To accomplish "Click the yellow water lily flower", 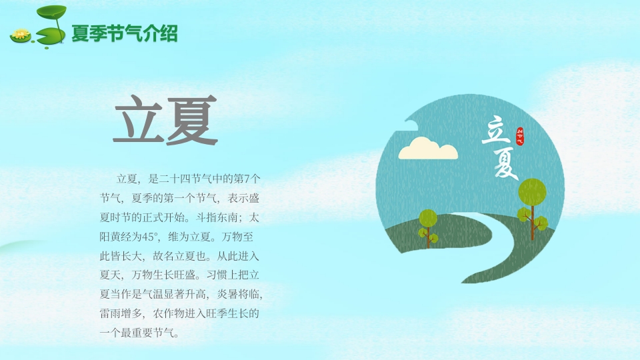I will coord(21,34).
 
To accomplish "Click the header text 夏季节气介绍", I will coord(125,33).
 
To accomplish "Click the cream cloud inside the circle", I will coord(428,149).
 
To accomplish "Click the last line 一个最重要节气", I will coord(138,332).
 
